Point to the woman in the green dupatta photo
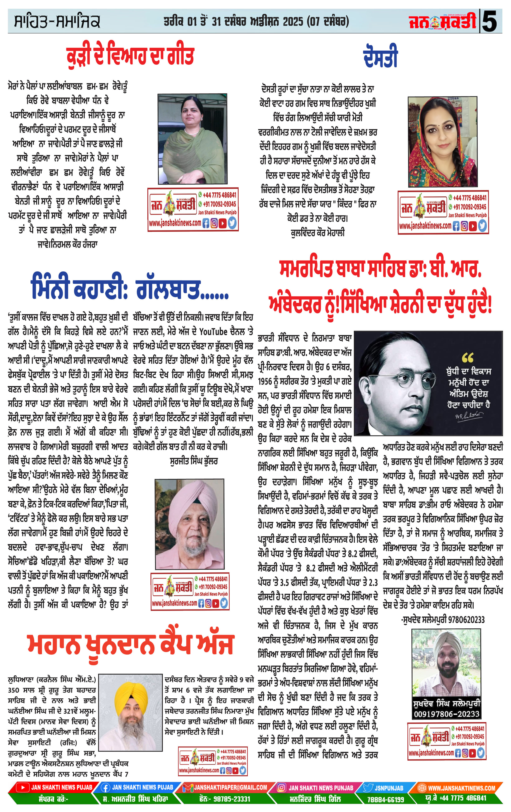click(192, 139)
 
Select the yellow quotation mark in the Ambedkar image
click(468, 357)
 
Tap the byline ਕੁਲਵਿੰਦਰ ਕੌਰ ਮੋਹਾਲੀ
click(317, 233)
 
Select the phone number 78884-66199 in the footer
click(386, 799)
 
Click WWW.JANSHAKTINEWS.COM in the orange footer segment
click(461, 788)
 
